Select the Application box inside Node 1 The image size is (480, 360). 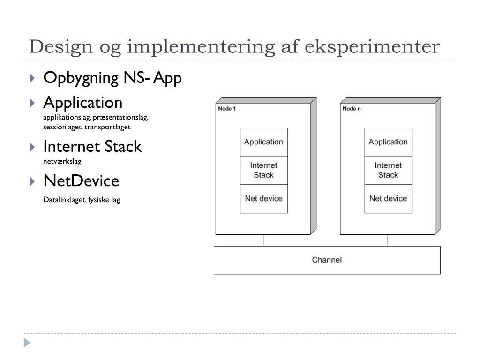[263, 142]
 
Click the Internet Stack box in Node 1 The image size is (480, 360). [263, 170]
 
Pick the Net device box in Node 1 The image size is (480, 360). [263, 199]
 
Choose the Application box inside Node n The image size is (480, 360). [388, 142]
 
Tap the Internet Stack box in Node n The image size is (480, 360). [388, 170]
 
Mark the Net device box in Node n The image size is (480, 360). [388, 199]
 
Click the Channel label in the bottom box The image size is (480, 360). [327, 260]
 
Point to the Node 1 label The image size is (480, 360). [227, 109]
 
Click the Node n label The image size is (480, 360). [352, 109]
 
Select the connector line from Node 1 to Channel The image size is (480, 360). [263, 240]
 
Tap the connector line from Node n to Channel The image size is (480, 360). [388, 240]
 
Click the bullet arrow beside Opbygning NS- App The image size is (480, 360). [32, 78]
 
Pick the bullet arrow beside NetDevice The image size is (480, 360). [32, 181]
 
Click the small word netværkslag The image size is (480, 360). [62, 162]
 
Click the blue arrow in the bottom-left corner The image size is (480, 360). [27, 343]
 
